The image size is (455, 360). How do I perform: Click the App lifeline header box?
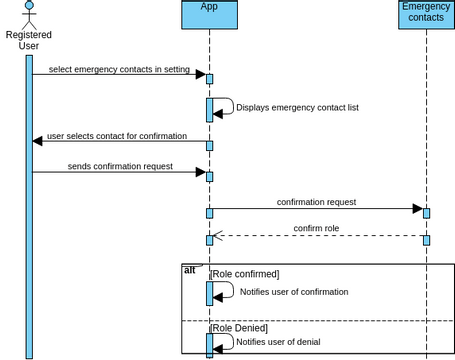(210, 14)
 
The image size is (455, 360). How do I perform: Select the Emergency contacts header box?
(426, 14)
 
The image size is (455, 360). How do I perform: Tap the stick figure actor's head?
(29, 6)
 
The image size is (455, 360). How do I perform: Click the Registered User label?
(29, 40)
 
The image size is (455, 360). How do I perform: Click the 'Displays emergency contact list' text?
(297, 107)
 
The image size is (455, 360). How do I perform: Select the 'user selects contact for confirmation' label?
(117, 135)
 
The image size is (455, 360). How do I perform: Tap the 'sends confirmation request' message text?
(120, 166)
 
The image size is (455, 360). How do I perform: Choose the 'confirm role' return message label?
(316, 228)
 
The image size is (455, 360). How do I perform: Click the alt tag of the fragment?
(190, 270)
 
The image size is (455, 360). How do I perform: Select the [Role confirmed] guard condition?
(244, 273)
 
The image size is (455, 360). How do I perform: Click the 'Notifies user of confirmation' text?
(294, 292)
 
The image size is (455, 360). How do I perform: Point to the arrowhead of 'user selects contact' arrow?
(38, 142)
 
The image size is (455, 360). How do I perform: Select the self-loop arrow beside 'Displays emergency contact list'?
(228, 106)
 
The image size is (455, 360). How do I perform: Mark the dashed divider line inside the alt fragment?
(320, 320)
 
